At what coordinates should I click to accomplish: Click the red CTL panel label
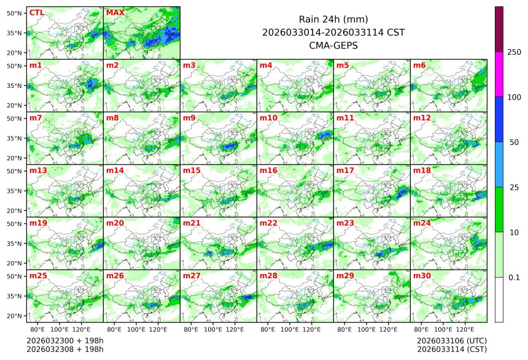click(36, 12)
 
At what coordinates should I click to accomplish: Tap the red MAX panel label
click(114, 12)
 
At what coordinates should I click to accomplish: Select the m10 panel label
click(268, 118)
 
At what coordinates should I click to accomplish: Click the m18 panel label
click(422, 170)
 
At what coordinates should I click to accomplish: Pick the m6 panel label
click(419, 65)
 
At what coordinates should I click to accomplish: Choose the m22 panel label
click(268, 223)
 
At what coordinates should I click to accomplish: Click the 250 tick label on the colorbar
click(514, 52)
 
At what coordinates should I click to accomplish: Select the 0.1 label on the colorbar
click(514, 277)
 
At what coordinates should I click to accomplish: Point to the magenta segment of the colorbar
click(499, 74)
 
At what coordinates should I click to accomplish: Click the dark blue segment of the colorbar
click(499, 119)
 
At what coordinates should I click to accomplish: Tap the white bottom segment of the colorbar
click(499, 299)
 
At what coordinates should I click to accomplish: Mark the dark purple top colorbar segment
click(499, 29)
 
